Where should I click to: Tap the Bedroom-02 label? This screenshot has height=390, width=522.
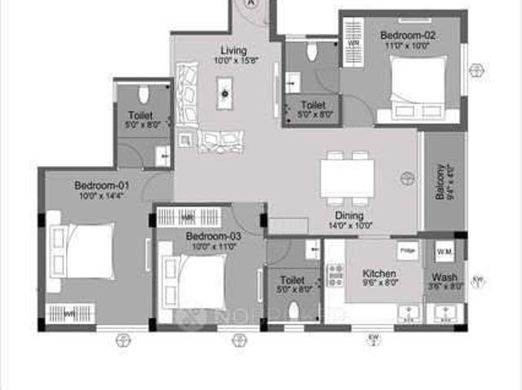point(409,35)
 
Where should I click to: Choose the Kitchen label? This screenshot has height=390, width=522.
point(379,274)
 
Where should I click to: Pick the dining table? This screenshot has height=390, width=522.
point(347,177)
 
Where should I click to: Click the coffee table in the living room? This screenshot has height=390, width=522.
point(224,93)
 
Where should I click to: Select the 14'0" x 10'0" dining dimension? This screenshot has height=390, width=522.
point(350,226)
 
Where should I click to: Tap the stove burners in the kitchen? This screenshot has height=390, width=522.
point(334,275)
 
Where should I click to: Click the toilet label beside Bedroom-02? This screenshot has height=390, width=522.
point(312,105)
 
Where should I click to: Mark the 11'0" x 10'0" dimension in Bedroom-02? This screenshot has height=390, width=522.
point(409,46)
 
